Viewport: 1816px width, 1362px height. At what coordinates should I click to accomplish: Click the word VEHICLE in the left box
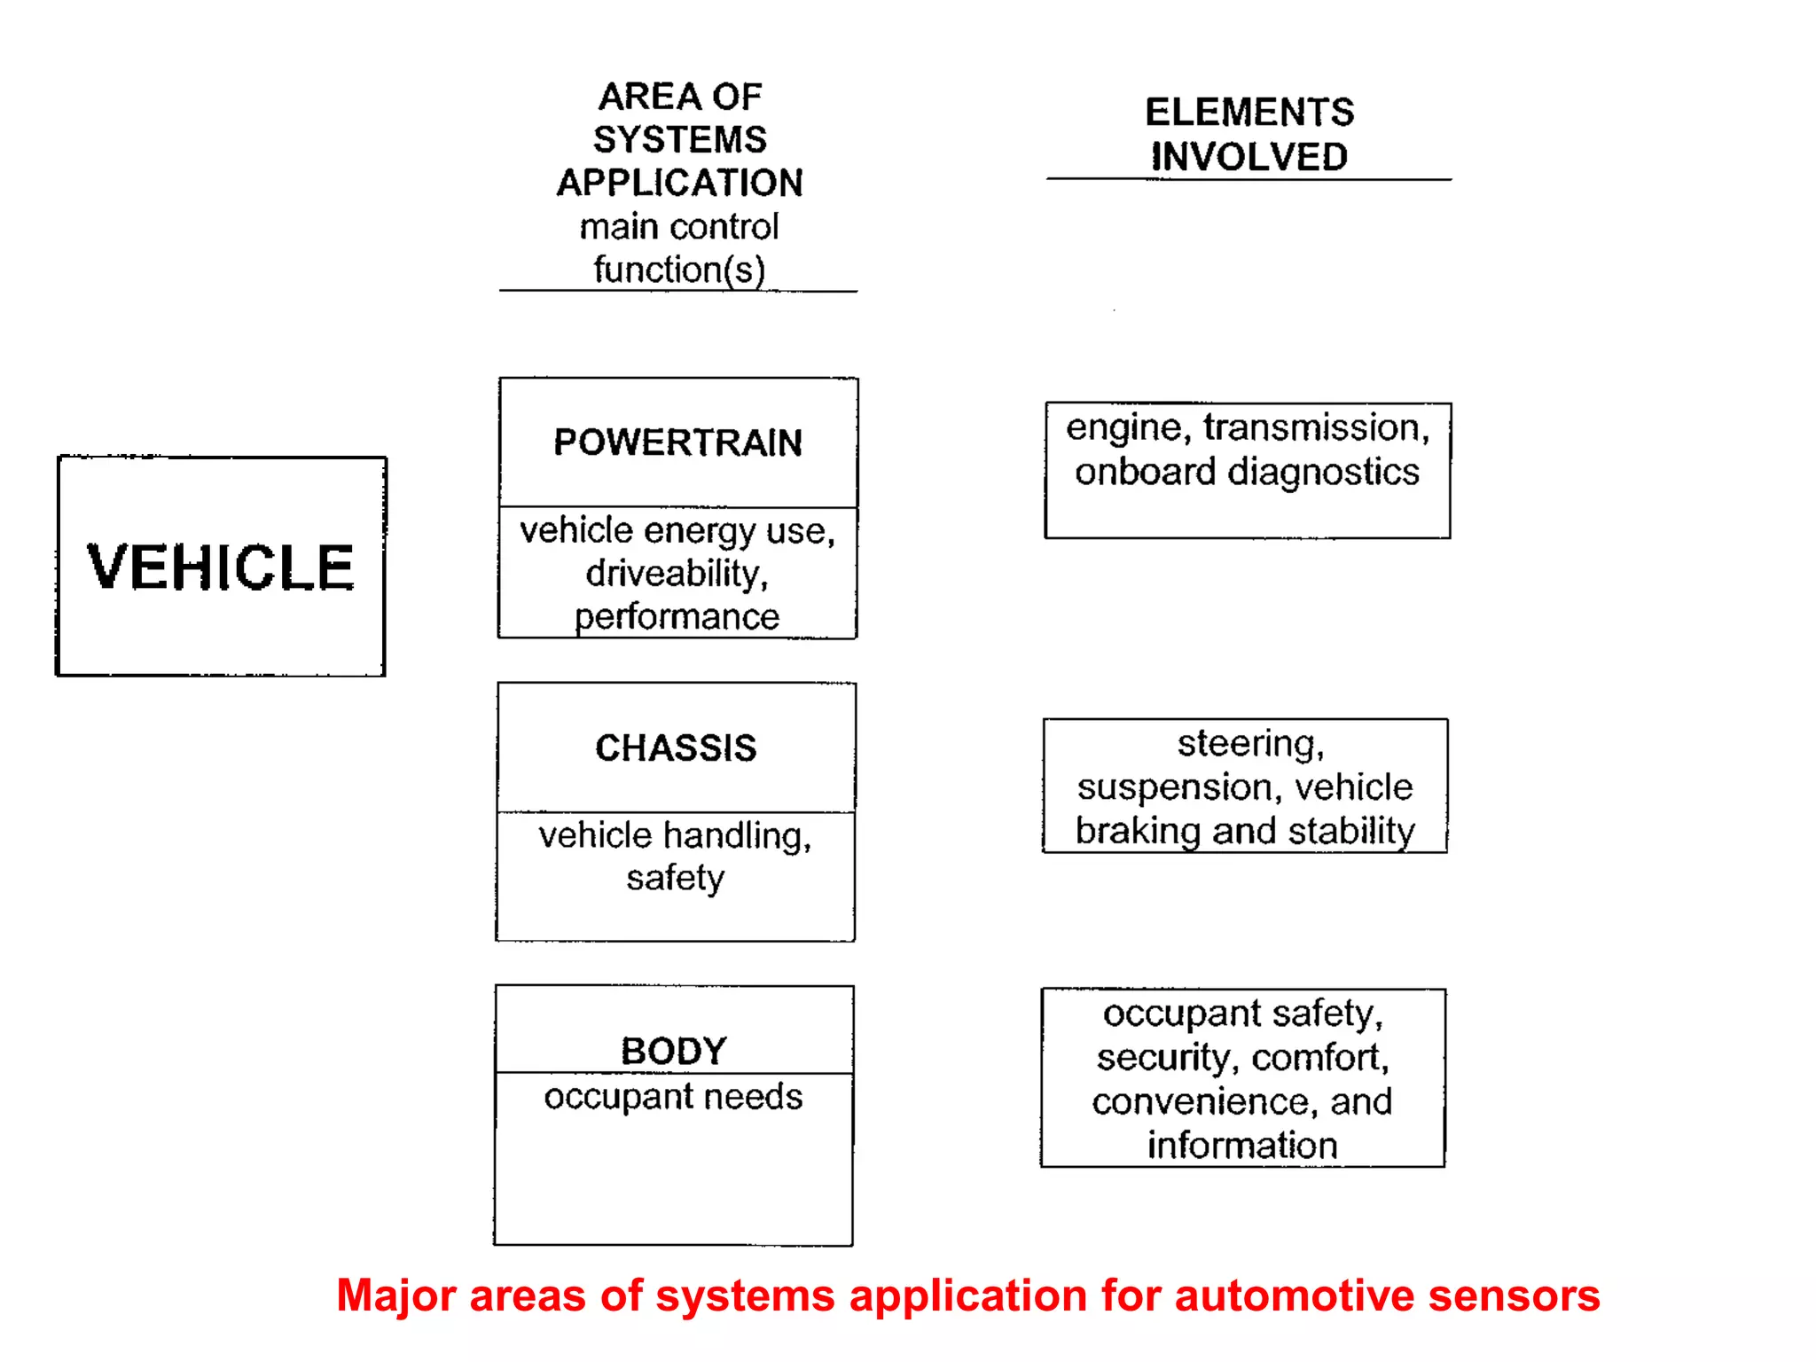220,567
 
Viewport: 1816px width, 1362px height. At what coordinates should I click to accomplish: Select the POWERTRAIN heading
677,442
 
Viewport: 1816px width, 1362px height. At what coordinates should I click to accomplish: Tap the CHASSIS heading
676,748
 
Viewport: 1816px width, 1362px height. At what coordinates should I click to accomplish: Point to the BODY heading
674,1051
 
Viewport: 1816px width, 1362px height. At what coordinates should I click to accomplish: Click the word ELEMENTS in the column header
1248,113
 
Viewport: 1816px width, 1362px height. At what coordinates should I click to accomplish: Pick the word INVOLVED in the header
1248,157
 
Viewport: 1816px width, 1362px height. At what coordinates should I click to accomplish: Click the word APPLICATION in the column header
679,183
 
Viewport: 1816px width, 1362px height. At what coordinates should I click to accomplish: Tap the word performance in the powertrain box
677,616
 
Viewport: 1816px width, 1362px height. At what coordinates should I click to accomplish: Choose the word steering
1248,743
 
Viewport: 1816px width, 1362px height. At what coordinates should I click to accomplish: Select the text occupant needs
673,1097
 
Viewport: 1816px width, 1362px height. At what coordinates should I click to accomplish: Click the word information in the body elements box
1241,1145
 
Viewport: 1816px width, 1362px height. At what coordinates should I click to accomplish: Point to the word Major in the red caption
395,1295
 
